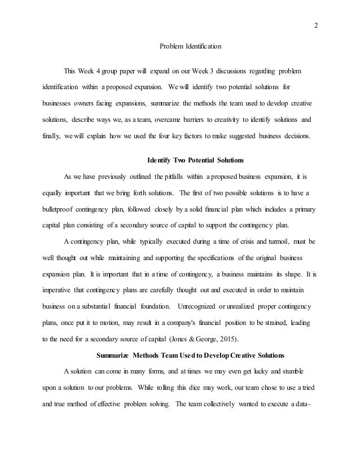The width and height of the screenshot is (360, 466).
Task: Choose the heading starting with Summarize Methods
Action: click(191, 355)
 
